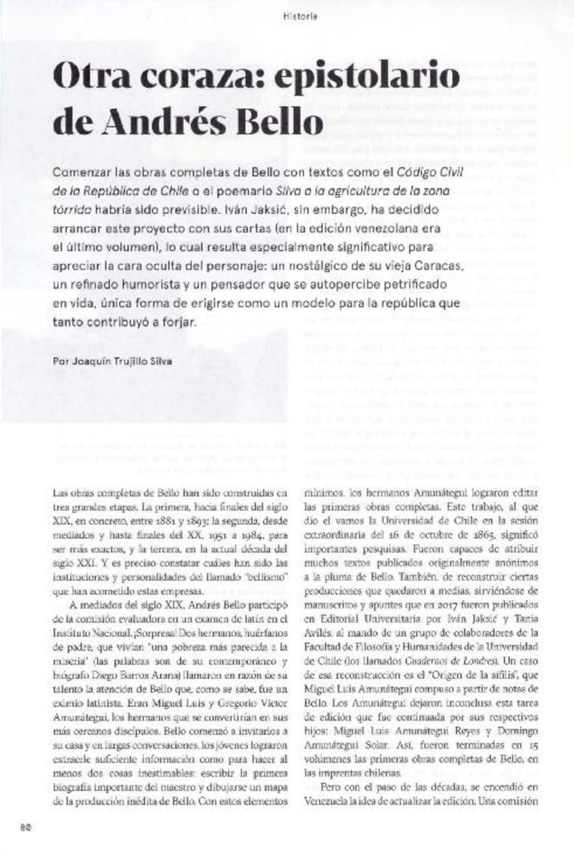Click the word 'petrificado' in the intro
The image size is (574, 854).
click(420, 285)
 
